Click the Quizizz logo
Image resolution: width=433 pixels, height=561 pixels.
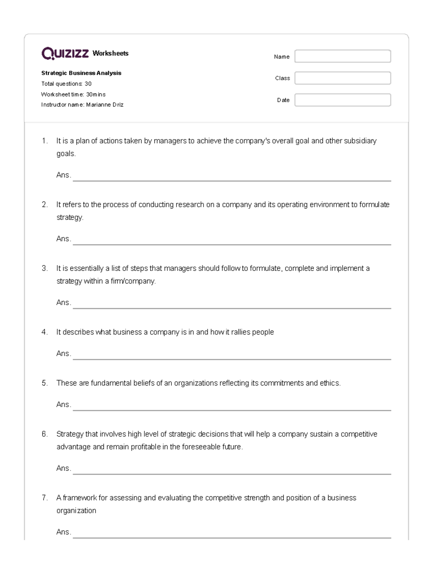click(65, 53)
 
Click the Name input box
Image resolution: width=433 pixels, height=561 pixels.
click(342, 56)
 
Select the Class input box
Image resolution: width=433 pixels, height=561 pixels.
click(342, 78)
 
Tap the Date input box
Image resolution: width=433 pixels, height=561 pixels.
click(342, 100)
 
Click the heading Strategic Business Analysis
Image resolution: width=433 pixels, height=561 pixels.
click(81, 73)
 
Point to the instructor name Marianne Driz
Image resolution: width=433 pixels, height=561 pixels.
click(105, 105)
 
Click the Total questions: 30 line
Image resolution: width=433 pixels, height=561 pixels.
click(66, 84)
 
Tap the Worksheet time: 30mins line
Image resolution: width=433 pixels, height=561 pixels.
click(73, 94)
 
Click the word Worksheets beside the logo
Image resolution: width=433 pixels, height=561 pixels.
click(110, 53)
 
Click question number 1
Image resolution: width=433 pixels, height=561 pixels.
click(44, 141)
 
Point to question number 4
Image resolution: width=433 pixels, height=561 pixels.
click(44, 332)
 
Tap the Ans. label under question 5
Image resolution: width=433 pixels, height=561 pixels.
click(64, 405)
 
